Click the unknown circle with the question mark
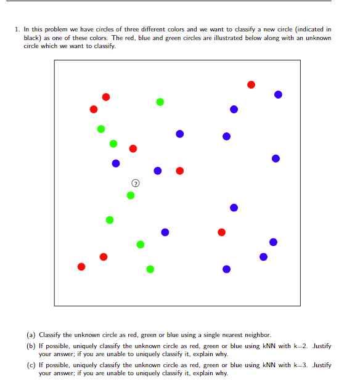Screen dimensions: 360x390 [x=135, y=183]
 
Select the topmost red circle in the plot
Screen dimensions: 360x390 [x=251, y=84]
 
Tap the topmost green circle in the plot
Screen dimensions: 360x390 [x=160, y=102]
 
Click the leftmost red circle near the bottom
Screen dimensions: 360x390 [x=81, y=267]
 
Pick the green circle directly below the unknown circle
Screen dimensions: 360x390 [x=130, y=195]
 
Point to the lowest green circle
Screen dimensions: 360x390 [x=150, y=269]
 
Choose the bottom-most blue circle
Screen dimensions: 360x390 [x=226, y=269]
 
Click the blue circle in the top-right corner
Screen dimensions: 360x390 [x=278, y=94]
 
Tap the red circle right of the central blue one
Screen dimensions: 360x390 [x=179, y=171]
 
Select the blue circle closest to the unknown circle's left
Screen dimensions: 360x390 [x=116, y=163]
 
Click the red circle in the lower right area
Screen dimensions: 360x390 [x=221, y=232]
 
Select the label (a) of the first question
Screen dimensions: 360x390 [x=30, y=335]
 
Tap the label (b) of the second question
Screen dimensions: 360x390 [x=30, y=346]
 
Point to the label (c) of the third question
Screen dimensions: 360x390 [x=30, y=365]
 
